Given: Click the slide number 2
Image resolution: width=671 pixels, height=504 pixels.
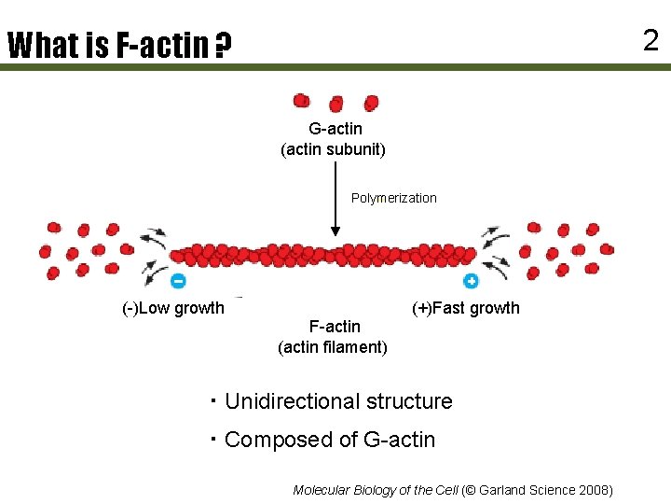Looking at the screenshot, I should coord(650,39).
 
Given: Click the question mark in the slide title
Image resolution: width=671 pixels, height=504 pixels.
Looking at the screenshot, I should coord(223,47).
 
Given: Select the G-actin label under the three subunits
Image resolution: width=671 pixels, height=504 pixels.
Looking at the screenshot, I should coord(335,129).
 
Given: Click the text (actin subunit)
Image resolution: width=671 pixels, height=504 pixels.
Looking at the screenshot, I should coord(334,149).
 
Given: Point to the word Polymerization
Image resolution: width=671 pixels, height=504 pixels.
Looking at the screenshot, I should coord(393,198).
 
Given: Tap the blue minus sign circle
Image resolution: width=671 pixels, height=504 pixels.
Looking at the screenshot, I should coord(178,280).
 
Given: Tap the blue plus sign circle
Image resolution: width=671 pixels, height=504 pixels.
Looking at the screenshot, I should coord(472,280).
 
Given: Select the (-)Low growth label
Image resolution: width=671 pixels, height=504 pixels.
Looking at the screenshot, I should coord(174,308).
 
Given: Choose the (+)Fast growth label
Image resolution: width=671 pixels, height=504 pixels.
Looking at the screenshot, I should coord(466,308).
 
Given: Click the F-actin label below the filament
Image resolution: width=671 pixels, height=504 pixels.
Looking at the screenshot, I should coord(335,327).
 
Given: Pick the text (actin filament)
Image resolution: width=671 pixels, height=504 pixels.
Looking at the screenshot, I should coord(333,347).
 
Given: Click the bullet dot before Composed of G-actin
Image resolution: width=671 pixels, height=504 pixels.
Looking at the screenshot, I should coord(212,438).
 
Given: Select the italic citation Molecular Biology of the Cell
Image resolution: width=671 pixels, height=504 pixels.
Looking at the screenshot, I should coord(375,490).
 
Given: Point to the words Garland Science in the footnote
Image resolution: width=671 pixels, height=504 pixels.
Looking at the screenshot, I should coord(525,490).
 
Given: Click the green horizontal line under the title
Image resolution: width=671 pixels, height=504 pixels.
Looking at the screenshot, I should coord(335,67).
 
